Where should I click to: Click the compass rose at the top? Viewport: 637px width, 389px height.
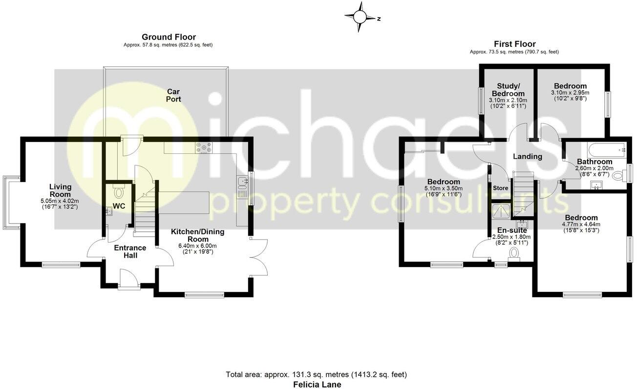(360, 17)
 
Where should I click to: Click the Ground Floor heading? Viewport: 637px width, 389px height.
(169, 37)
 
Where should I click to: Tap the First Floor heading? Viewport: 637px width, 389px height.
(514, 44)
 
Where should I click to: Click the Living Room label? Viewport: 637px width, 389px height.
(61, 190)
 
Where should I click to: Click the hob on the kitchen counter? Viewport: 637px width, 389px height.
(203, 146)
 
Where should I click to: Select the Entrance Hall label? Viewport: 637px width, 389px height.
(130, 251)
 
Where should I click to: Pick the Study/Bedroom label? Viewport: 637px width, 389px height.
(508, 90)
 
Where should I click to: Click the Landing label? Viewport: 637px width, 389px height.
(528, 157)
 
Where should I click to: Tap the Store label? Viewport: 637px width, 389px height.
(501, 188)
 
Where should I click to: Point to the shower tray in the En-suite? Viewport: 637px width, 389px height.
(501, 210)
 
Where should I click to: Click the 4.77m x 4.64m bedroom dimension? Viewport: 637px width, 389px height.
(581, 225)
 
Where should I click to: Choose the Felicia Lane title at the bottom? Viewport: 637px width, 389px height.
(317, 384)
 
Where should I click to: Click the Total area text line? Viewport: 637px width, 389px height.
(316, 375)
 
